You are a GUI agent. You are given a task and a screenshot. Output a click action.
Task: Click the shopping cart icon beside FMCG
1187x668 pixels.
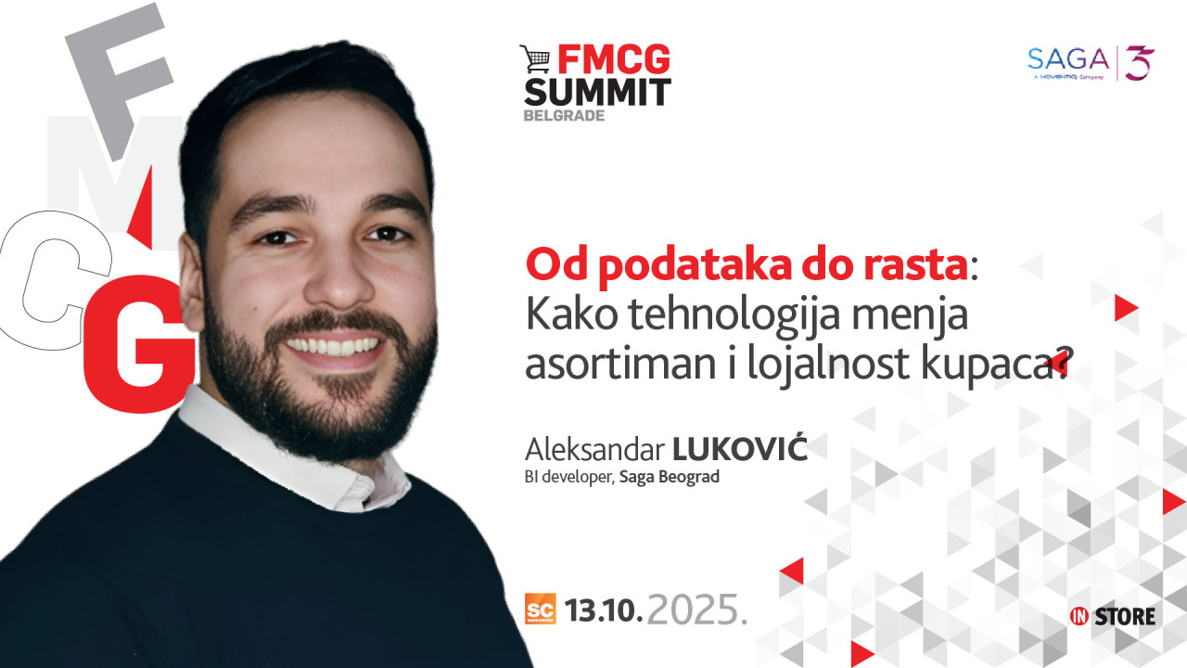pos(536,58)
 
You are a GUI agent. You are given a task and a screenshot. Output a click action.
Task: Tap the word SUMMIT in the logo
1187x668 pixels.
pos(598,93)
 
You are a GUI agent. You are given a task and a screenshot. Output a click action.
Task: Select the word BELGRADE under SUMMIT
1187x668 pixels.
pos(564,116)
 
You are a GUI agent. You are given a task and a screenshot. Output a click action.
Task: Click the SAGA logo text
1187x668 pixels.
pos(1068,59)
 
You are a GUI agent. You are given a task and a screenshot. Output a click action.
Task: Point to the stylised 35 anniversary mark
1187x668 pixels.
pos(1140,62)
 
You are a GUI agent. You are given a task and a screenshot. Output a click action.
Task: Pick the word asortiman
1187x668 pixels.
pos(620,365)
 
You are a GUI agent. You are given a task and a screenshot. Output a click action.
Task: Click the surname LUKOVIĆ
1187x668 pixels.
pos(740,448)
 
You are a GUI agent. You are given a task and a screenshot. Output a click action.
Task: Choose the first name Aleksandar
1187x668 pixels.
pos(594,450)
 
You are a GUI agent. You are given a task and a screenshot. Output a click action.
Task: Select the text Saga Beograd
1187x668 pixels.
pos(670,477)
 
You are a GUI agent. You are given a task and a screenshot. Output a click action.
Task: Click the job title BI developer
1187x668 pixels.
pos(568,477)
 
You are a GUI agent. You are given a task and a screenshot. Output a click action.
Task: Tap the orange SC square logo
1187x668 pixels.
pos(541,609)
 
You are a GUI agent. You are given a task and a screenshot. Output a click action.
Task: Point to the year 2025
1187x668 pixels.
pos(693,610)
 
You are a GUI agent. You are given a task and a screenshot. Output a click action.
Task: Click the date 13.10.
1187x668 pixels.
pos(604,610)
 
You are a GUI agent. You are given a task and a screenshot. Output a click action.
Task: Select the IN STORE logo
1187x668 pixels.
pos(1112,617)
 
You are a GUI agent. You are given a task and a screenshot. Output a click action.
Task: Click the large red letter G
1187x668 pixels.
pos(138,344)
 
